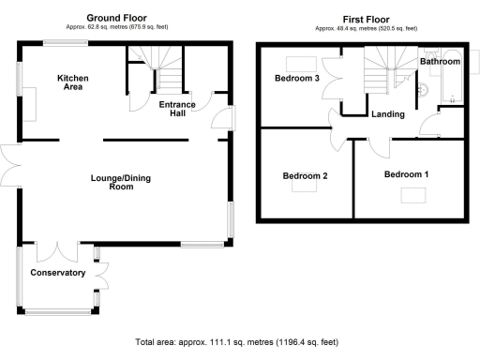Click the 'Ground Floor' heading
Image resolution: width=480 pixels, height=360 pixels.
117,18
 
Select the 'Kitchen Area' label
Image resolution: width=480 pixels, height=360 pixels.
70,82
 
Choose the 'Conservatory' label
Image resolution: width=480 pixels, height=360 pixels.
58,273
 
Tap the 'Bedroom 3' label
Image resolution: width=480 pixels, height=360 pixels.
297,79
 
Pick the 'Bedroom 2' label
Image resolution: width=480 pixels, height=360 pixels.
305,175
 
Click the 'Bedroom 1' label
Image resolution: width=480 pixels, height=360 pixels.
406,174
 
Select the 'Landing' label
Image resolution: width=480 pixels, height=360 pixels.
388,114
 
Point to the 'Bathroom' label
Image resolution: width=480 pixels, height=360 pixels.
440,61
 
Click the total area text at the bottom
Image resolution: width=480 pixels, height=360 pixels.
236,342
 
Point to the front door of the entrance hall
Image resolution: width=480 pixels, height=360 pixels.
222,118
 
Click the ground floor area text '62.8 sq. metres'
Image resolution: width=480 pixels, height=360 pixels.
117,28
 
